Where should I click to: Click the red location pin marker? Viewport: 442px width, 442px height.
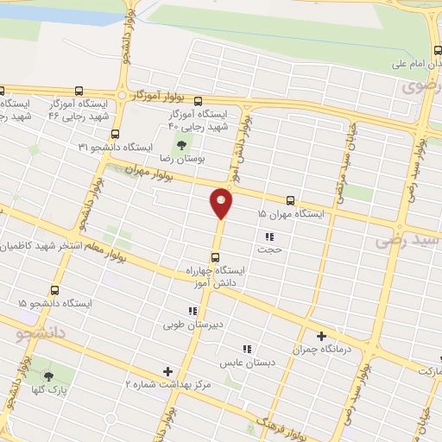(x=222, y=203)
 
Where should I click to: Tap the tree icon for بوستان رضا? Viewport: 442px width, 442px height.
(x=182, y=145)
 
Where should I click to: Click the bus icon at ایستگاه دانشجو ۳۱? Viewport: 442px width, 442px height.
(x=116, y=134)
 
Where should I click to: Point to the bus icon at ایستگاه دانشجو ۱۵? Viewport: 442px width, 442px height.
(x=56, y=291)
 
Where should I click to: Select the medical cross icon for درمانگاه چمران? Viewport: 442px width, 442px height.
(x=322, y=337)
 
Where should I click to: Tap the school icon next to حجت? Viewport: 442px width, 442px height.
(x=269, y=236)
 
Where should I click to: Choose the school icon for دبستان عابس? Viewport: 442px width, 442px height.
(x=247, y=349)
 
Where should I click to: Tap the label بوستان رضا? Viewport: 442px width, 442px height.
(x=182, y=160)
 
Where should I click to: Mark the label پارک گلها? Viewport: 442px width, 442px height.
(x=48, y=390)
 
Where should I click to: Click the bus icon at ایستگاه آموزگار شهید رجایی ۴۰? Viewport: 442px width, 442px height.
(x=198, y=100)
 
